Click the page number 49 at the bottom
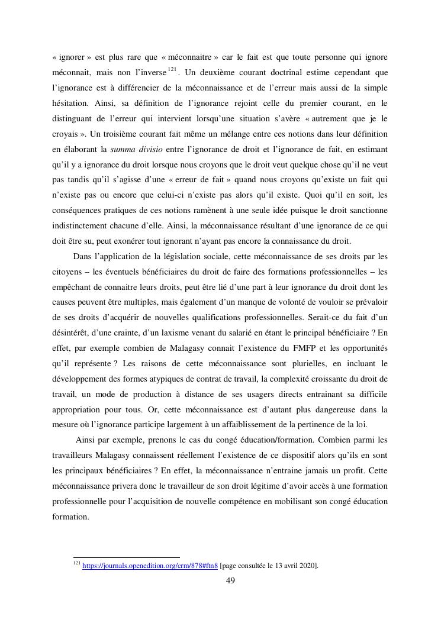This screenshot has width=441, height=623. pos(230,580)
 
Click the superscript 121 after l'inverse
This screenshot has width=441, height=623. pos(172,70)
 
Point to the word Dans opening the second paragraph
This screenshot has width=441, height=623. pos(83,256)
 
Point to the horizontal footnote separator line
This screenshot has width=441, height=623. pos(126,557)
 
